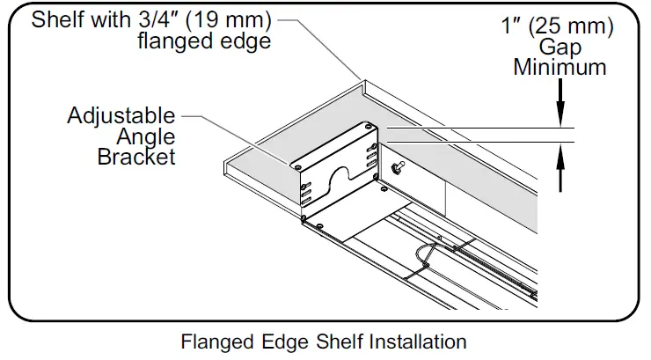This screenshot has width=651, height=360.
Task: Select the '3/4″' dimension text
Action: coord(151,19)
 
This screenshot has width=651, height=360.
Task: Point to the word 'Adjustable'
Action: coord(121,116)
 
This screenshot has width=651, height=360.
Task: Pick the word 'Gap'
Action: coord(560,47)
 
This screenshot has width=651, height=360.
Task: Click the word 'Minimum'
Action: coord(560,67)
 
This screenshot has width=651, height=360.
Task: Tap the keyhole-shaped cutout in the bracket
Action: coord(334,174)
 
